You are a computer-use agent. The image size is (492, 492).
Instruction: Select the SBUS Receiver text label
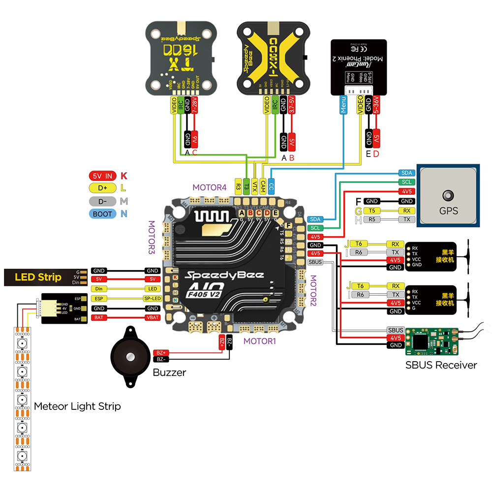click(441, 365)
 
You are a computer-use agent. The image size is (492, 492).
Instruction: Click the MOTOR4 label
click(209, 187)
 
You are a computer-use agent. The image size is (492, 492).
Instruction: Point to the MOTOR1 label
click(260, 340)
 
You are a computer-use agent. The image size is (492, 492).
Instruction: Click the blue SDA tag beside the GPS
click(407, 173)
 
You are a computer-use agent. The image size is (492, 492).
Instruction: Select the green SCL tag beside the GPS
click(407, 182)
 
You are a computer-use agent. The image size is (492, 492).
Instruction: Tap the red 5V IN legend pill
click(102, 176)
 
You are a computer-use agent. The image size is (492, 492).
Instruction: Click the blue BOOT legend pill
click(102, 214)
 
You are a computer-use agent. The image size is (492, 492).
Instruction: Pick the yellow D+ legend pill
click(102, 188)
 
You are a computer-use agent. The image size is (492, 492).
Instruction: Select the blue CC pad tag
click(272, 185)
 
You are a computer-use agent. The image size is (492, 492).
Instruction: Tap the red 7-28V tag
click(194, 105)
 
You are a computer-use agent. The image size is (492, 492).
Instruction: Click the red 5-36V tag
click(376, 105)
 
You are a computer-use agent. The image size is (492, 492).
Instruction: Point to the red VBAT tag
click(153, 318)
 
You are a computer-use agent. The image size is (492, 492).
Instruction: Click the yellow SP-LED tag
click(153, 299)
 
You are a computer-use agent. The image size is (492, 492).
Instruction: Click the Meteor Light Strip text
click(77, 406)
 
